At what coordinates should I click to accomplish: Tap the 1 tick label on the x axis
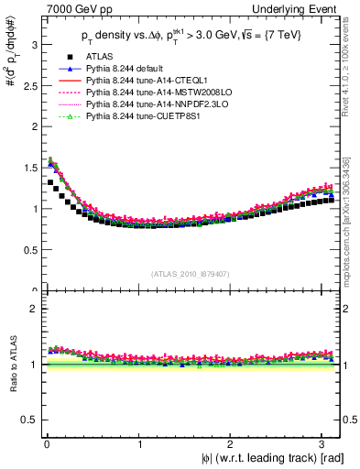pyautogui.click(x=138, y=444)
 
